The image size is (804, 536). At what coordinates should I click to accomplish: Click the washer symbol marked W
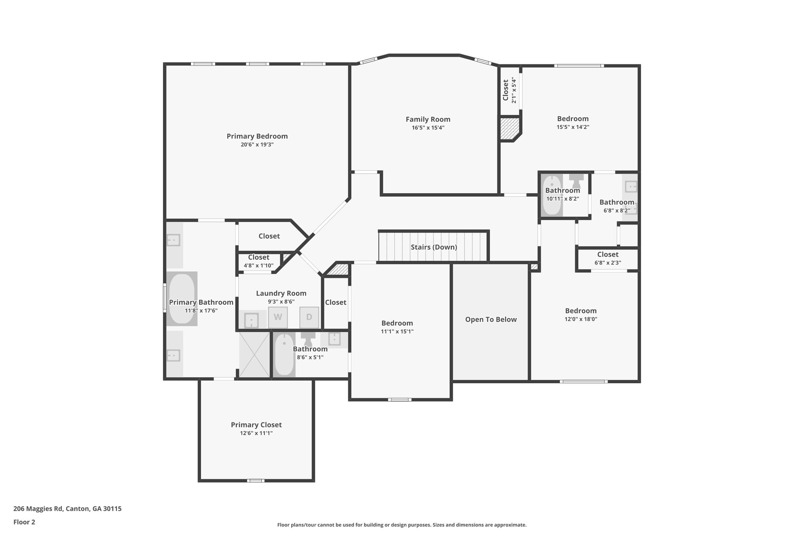click(278, 317)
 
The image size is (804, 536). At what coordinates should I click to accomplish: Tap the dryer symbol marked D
click(309, 317)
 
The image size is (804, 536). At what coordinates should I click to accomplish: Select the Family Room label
click(428, 119)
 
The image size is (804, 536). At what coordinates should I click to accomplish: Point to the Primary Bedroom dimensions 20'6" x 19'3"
click(257, 145)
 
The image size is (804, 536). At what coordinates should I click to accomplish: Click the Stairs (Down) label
click(434, 247)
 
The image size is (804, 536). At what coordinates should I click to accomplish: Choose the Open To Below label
click(491, 320)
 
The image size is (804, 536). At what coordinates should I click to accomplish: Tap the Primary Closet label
click(256, 425)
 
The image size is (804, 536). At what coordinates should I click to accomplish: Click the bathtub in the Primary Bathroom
click(181, 298)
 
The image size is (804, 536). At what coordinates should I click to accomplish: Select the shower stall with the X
click(254, 355)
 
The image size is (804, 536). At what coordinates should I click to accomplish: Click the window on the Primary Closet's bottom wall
click(256, 480)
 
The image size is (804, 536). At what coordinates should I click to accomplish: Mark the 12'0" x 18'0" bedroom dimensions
click(581, 319)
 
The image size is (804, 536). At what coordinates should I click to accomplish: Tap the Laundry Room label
click(281, 293)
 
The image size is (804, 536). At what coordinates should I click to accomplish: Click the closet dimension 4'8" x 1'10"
click(259, 265)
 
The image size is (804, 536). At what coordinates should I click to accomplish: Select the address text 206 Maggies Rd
click(38, 509)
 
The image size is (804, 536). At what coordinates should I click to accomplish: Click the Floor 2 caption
click(24, 522)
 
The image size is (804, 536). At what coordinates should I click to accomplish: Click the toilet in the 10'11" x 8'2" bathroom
click(576, 181)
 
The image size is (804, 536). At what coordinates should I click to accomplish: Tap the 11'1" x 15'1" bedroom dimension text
click(397, 331)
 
